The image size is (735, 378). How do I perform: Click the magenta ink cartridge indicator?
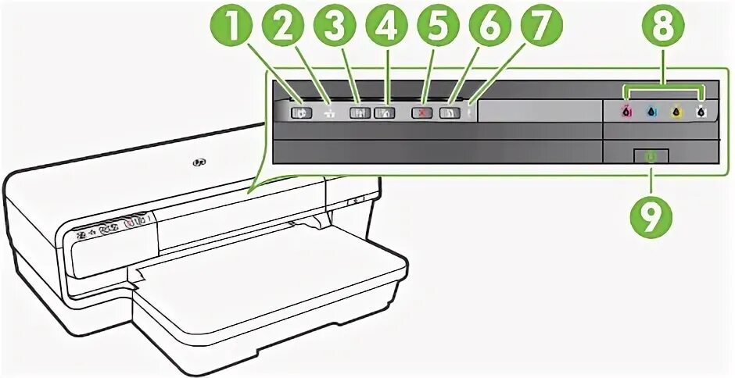(626, 112)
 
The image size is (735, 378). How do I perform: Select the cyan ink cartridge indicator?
(651, 112)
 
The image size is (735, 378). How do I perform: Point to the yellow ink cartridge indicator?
(676, 112)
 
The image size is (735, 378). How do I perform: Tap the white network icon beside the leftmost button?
(328, 112)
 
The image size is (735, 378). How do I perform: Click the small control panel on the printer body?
(113, 225)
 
